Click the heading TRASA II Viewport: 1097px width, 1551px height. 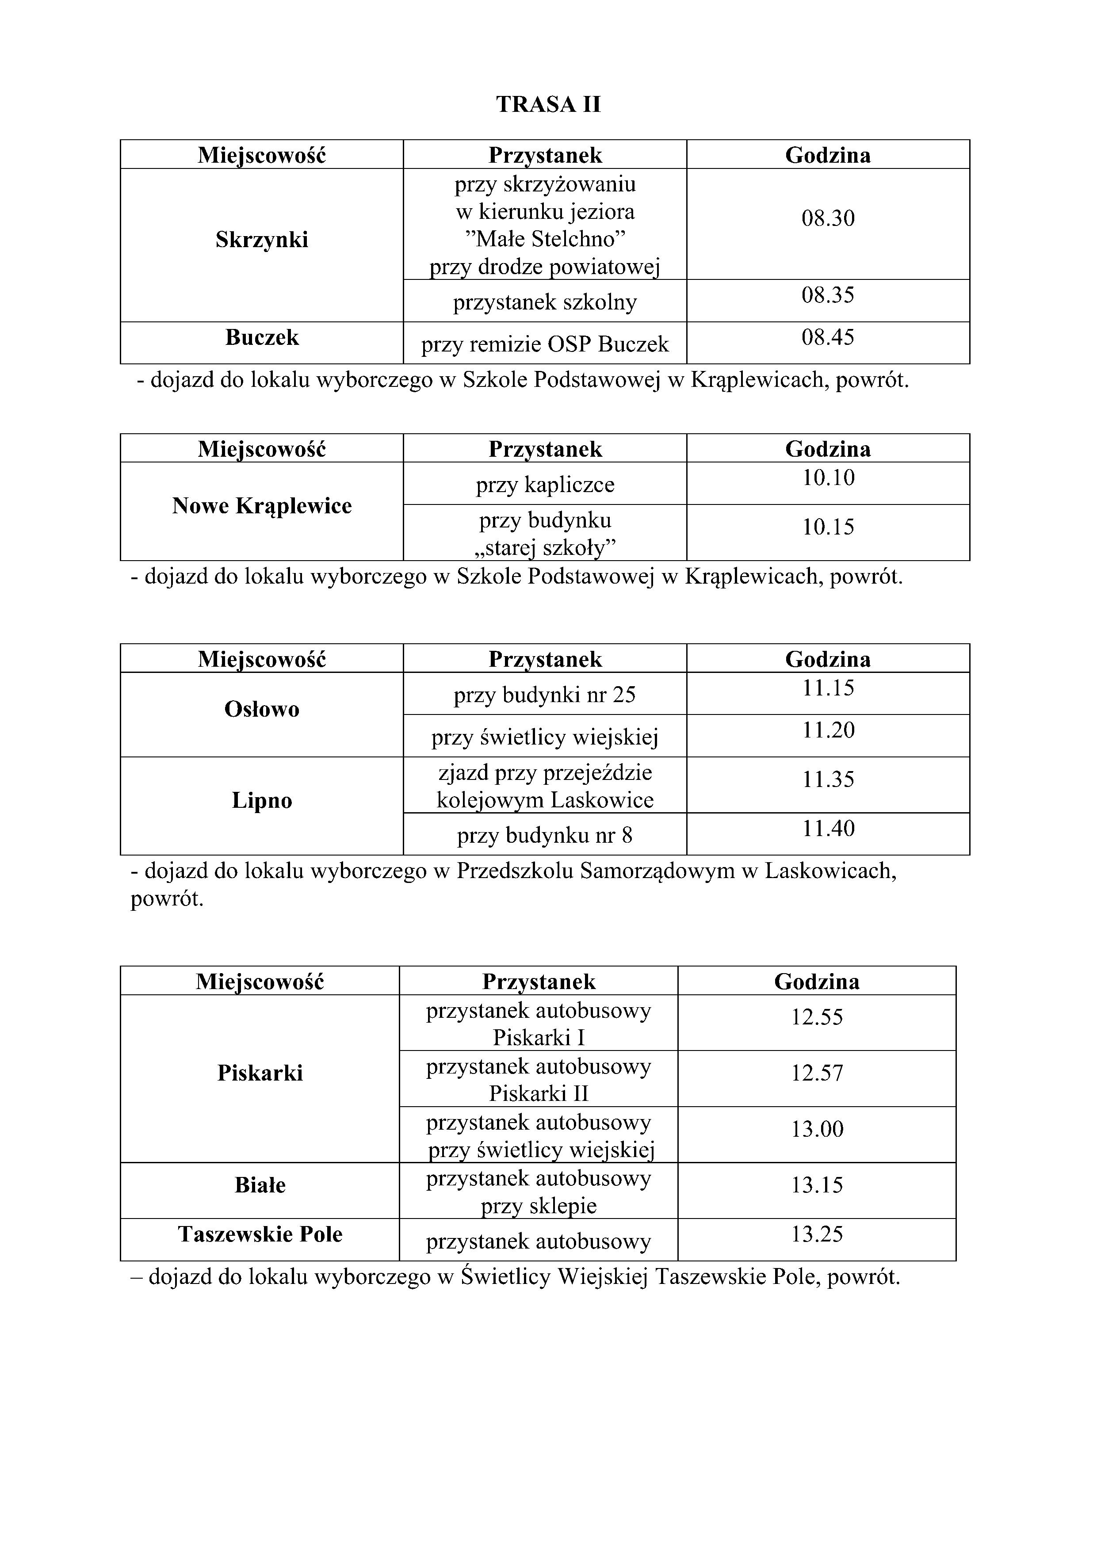[x=548, y=105]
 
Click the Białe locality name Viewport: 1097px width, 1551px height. [x=260, y=1185]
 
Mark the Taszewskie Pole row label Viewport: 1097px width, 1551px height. [x=260, y=1235]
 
